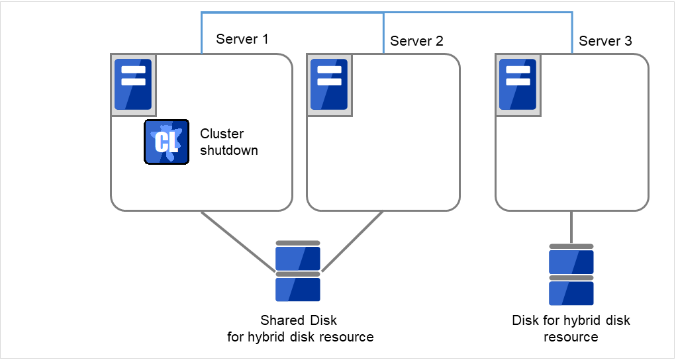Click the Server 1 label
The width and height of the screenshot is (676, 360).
[242, 39]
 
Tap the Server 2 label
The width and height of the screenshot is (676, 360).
[416, 41]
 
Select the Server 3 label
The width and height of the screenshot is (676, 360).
[605, 41]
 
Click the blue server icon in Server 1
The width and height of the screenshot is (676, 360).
[132, 84]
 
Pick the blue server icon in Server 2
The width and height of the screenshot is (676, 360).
[329, 84]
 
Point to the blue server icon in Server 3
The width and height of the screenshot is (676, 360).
[517, 84]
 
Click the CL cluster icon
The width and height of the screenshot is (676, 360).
[166, 142]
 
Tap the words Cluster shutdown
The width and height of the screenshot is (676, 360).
[228, 142]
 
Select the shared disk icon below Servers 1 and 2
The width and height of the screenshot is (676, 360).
[298, 271]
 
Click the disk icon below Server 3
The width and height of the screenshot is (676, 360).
[571, 275]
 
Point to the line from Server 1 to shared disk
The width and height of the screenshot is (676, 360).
[237, 241]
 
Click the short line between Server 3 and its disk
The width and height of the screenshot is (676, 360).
[571, 227]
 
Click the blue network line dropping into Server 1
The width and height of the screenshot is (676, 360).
[201, 33]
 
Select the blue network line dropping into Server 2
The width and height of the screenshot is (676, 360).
[384, 33]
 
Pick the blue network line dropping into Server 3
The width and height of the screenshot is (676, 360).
[573, 33]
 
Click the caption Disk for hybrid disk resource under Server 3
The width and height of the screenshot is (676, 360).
[571, 329]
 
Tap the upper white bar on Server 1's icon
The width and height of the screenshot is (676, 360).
[132, 69]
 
